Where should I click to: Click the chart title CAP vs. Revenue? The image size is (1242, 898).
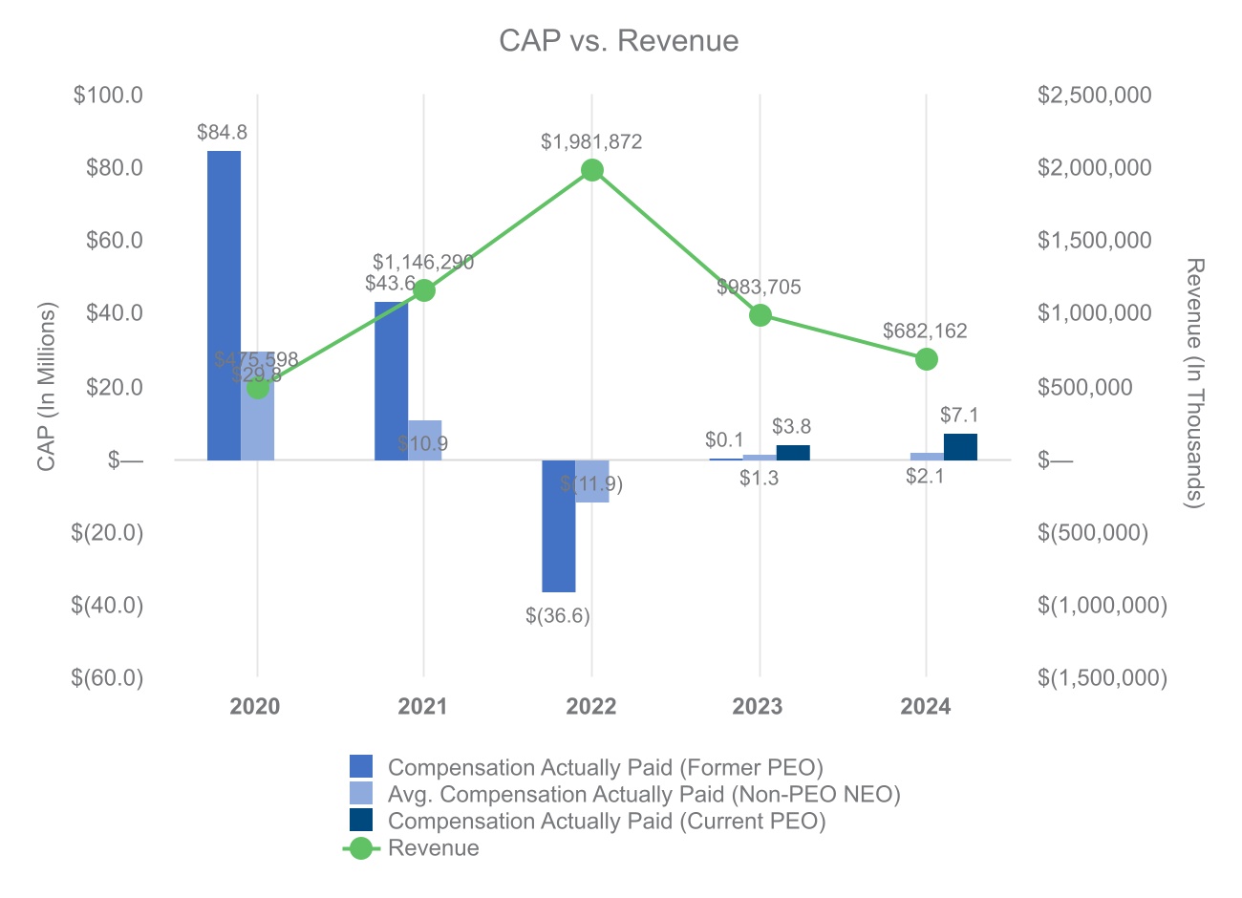click(x=619, y=41)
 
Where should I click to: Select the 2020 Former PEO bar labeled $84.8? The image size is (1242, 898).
click(x=225, y=305)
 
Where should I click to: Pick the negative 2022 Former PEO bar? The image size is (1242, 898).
click(x=558, y=525)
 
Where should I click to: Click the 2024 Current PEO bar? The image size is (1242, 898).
click(x=960, y=447)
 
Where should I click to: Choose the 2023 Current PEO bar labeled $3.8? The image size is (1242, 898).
click(x=793, y=453)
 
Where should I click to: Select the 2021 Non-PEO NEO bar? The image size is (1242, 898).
click(x=425, y=440)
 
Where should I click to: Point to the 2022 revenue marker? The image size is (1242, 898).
click(x=591, y=170)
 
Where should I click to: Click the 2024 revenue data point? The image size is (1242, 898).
click(x=926, y=359)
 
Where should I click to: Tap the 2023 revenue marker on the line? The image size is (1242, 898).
click(x=760, y=315)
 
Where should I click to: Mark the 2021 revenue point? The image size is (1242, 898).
click(x=424, y=290)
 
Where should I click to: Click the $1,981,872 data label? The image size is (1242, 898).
click(x=591, y=142)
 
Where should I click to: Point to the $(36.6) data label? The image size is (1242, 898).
click(x=558, y=616)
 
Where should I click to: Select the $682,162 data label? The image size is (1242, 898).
click(x=925, y=331)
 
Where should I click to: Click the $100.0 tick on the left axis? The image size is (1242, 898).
click(x=108, y=96)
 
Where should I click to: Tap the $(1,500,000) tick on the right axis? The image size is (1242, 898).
click(x=1103, y=678)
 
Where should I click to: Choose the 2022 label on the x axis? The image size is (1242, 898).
click(x=591, y=707)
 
